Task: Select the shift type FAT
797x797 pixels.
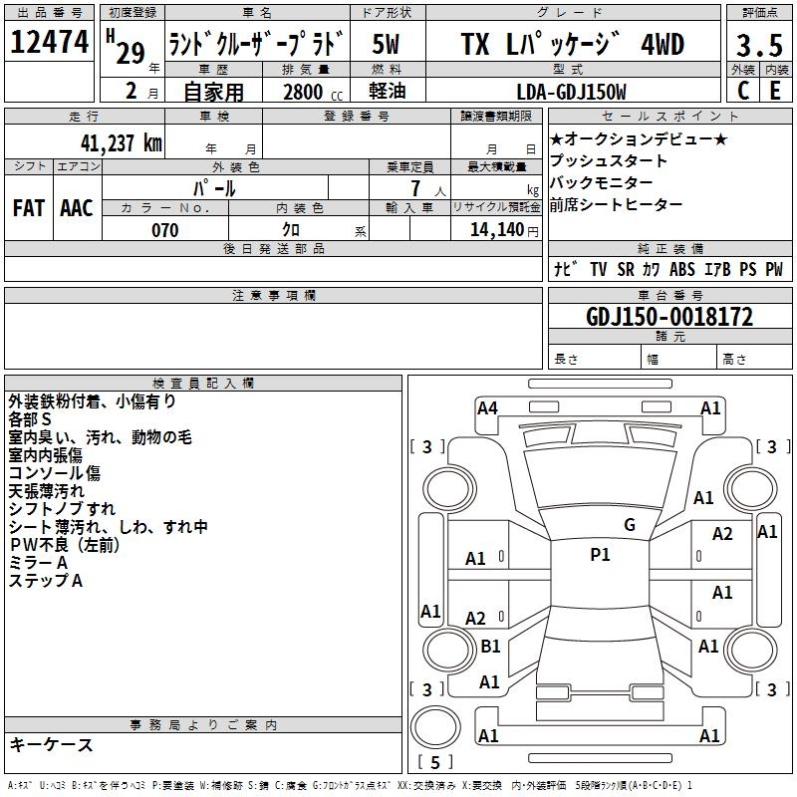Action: (x=29, y=208)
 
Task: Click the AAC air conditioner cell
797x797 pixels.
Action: (x=77, y=208)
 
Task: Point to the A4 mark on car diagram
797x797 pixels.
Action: (x=487, y=407)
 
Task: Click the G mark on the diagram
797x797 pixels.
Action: (x=630, y=525)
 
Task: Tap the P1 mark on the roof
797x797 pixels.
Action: (x=600, y=555)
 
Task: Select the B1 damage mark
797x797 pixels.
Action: (x=490, y=646)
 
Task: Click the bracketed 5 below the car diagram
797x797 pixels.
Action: (x=434, y=762)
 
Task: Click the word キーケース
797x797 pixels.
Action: (x=51, y=745)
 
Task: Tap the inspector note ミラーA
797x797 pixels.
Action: (x=39, y=563)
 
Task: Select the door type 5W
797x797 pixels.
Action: (x=388, y=45)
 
